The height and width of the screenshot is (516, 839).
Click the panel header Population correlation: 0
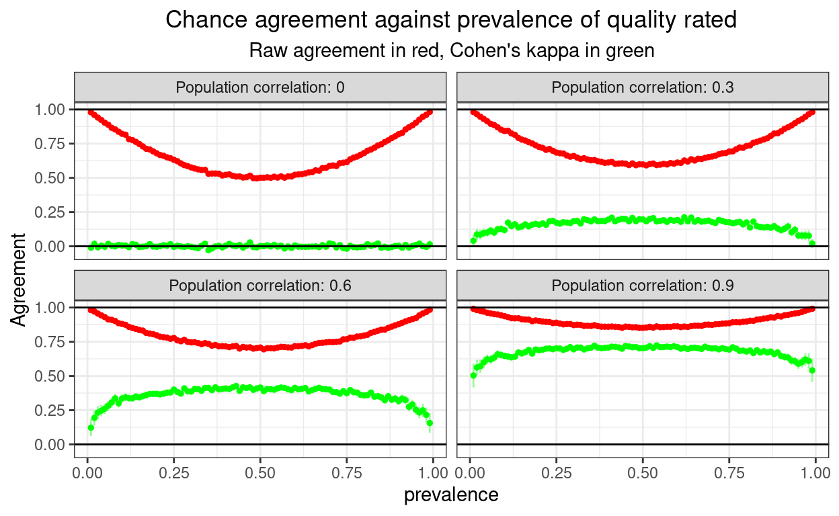click(x=259, y=87)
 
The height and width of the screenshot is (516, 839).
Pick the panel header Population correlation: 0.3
click(x=642, y=87)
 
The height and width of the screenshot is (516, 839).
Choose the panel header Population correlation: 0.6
click(x=259, y=286)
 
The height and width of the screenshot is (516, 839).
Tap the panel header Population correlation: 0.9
click(x=642, y=286)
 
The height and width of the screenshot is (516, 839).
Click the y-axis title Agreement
click(x=19, y=279)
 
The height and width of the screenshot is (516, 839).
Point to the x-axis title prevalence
click(x=451, y=495)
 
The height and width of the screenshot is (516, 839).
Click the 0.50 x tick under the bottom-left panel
click(x=259, y=473)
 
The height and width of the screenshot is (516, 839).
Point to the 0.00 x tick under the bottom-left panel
click(x=87, y=473)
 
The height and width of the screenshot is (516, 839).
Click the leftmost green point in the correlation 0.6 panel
click(x=91, y=427)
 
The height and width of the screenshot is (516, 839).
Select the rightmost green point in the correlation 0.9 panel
click(x=812, y=370)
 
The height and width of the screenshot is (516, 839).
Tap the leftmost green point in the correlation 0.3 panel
click(x=473, y=241)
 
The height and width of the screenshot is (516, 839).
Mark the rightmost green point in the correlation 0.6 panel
click(x=430, y=423)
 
